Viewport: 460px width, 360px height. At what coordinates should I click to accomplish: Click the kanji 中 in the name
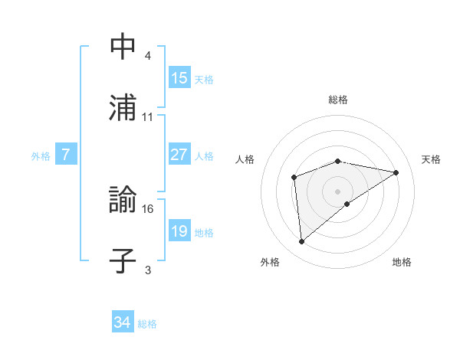(x=123, y=47)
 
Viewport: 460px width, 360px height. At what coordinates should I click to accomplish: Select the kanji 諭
(x=123, y=201)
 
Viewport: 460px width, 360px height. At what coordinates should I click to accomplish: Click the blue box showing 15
(x=179, y=78)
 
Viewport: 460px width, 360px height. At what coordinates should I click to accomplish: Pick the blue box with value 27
(x=179, y=155)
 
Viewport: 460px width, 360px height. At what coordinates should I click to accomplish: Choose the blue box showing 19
(x=179, y=231)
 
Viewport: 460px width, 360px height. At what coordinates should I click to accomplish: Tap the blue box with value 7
(x=66, y=155)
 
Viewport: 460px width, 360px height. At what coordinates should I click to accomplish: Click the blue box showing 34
(x=123, y=322)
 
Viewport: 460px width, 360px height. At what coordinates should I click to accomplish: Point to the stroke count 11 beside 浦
(x=148, y=117)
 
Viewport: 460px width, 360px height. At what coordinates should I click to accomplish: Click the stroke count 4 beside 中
(x=148, y=56)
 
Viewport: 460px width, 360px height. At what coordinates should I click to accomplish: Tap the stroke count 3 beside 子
(x=148, y=270)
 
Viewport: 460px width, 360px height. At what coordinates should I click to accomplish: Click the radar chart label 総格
(x=338, y=100)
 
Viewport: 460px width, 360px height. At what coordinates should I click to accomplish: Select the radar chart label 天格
(x=432, y=159)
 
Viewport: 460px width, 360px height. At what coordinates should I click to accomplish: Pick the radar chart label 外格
(x=269, y=263)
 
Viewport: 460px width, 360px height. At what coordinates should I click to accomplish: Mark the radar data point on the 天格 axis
(x=396, y=172)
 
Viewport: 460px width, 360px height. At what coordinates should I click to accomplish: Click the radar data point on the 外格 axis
(x=302, y=242)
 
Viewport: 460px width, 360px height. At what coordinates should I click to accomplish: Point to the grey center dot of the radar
(x=338, y=191)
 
